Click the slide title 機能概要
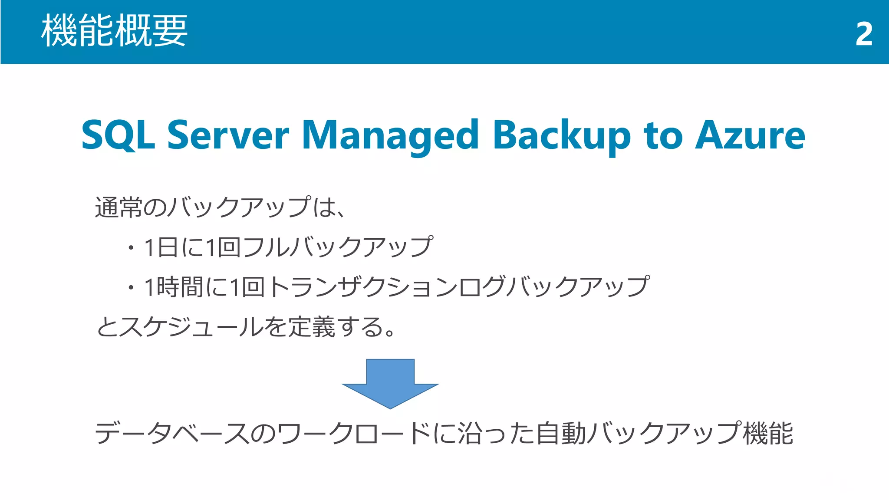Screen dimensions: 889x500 coord(114,30)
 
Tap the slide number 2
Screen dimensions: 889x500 coord(863,34)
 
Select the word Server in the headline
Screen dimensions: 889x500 coord(228,135)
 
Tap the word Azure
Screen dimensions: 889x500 coord(750,135)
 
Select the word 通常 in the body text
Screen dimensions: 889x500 coord(119,207)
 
